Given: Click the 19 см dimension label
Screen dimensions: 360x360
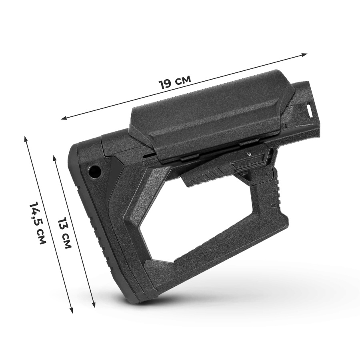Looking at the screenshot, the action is [x=175, y=81].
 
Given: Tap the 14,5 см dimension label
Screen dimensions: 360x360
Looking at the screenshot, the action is [x=38, y=223].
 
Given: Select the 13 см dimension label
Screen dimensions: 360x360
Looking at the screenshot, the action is [x=64, y=233].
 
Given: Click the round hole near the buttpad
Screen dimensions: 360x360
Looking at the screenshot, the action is [x=94, y=171].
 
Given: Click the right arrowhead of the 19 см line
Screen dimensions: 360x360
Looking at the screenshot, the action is [x=304, y=55].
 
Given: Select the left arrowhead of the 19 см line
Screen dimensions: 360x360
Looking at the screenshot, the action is [x=64, y=118].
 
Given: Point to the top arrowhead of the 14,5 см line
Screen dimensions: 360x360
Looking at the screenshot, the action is [x=25, y=139].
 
